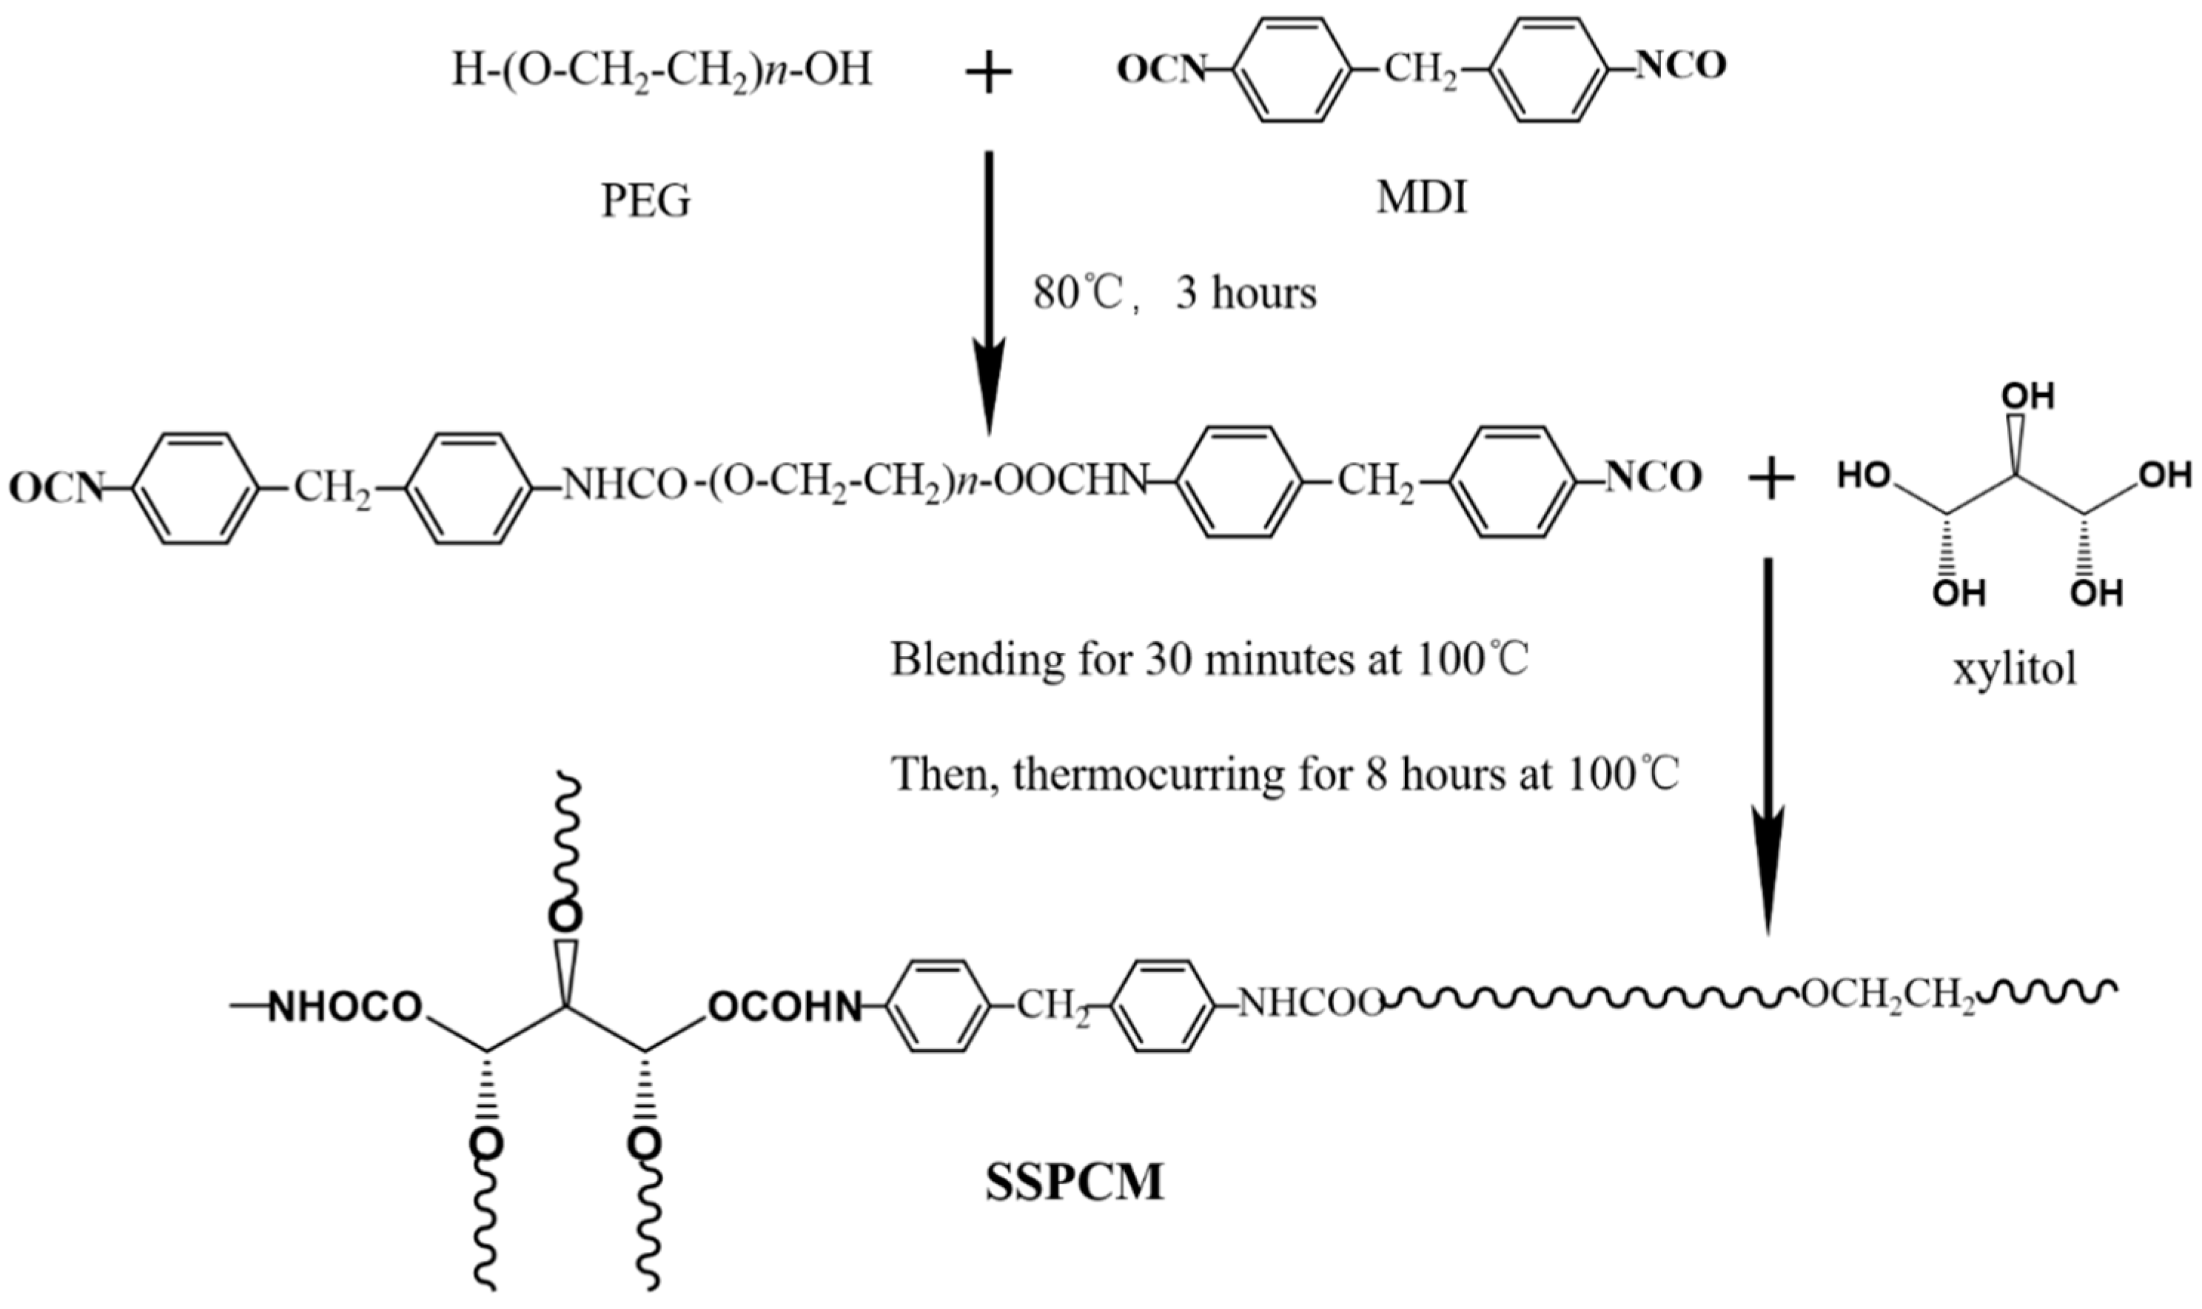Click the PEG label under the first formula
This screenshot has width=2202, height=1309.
click(x=645, y=202)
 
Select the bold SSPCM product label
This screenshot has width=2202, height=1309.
click(x=1074, y=1183)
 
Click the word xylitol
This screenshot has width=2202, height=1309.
click(x=2014, y=669)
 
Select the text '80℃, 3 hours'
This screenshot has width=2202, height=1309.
click(x=1175, y=294)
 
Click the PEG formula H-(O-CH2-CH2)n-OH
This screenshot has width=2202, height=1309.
click(x=662, y=70)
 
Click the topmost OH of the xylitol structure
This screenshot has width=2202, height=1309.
click(x=2028, y=397)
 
